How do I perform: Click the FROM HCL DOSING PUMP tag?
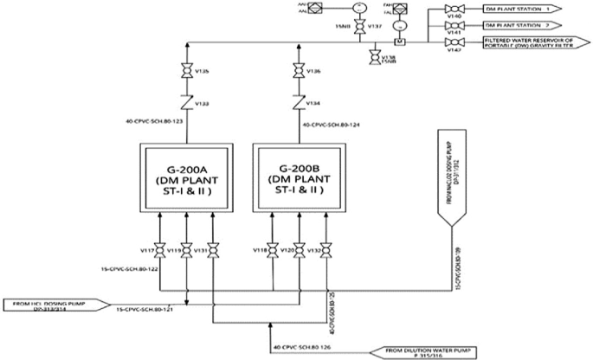(x=55, y=305)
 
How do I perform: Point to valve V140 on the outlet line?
(x=450, y=9)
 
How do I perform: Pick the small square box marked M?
(x=400, y=41)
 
